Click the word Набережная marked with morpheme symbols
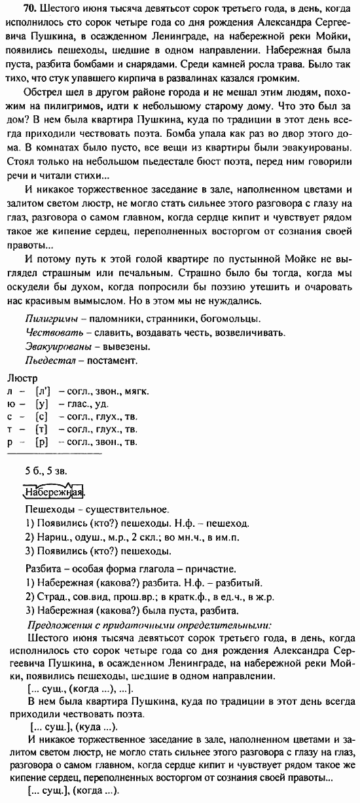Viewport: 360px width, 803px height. (54, 491)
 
